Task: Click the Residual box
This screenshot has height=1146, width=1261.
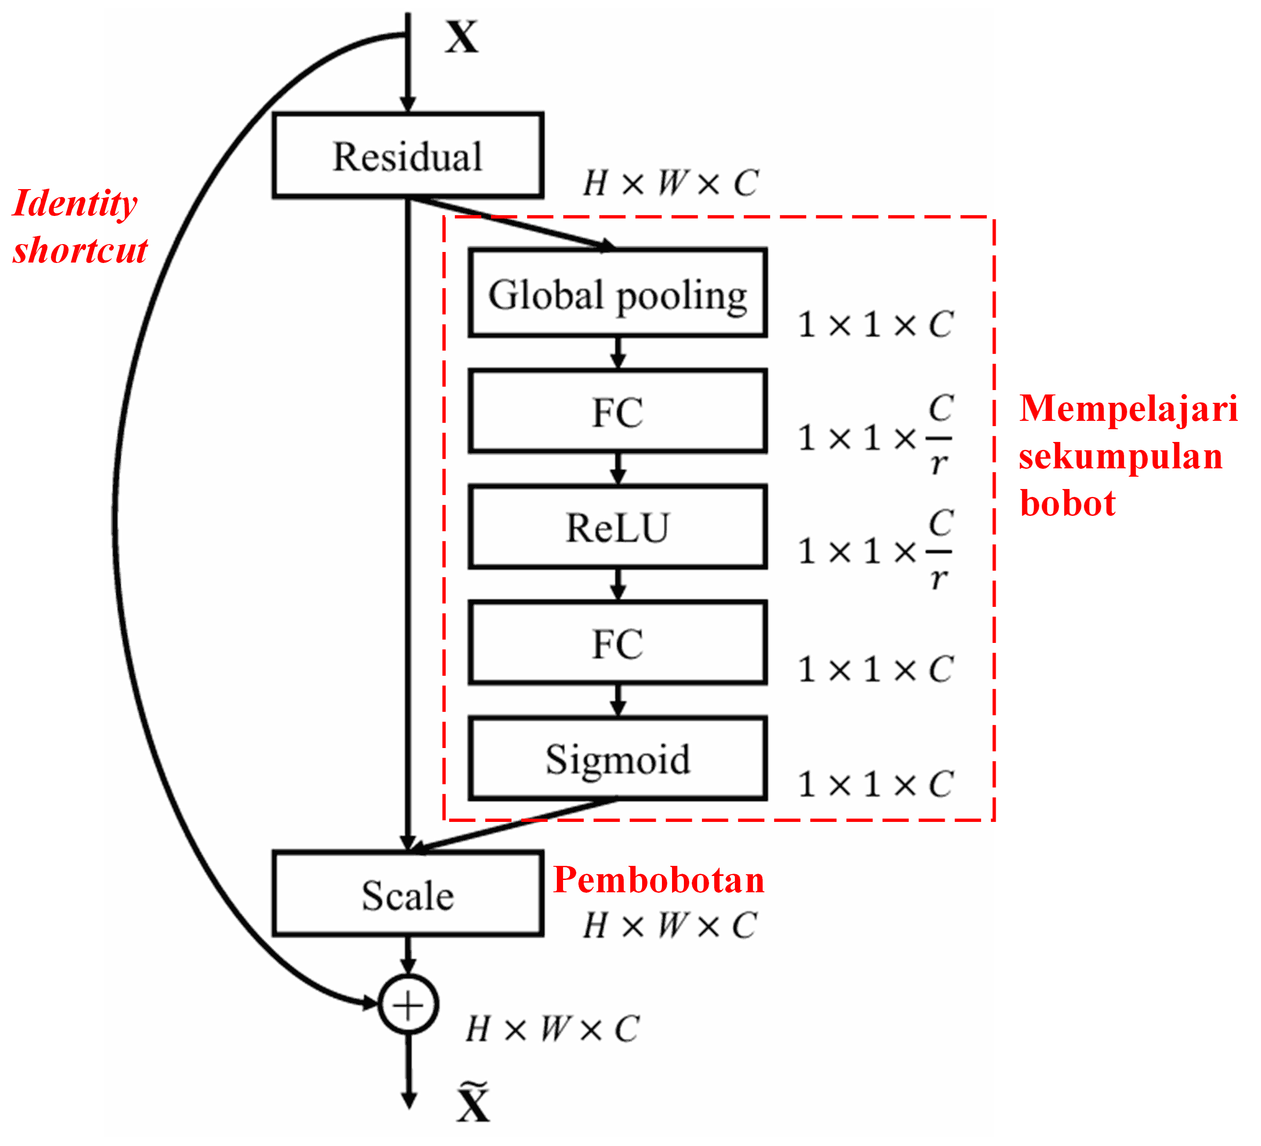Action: [408, 155]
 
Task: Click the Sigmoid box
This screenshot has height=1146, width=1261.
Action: [618, 759]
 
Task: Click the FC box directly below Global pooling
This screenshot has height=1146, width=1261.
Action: [618, 411]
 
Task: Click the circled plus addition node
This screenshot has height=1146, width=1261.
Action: [408, 1004]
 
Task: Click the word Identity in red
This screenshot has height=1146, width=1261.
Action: [75, 204]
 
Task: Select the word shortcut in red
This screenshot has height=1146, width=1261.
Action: [80, 250]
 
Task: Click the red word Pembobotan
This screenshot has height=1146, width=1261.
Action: [659, 880]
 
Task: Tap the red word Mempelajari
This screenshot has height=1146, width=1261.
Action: [1128, 408]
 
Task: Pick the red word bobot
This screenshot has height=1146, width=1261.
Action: [1067, 503]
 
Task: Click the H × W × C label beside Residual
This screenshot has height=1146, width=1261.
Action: [671, 183]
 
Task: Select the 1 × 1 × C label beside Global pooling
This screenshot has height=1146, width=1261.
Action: [875, 324]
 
